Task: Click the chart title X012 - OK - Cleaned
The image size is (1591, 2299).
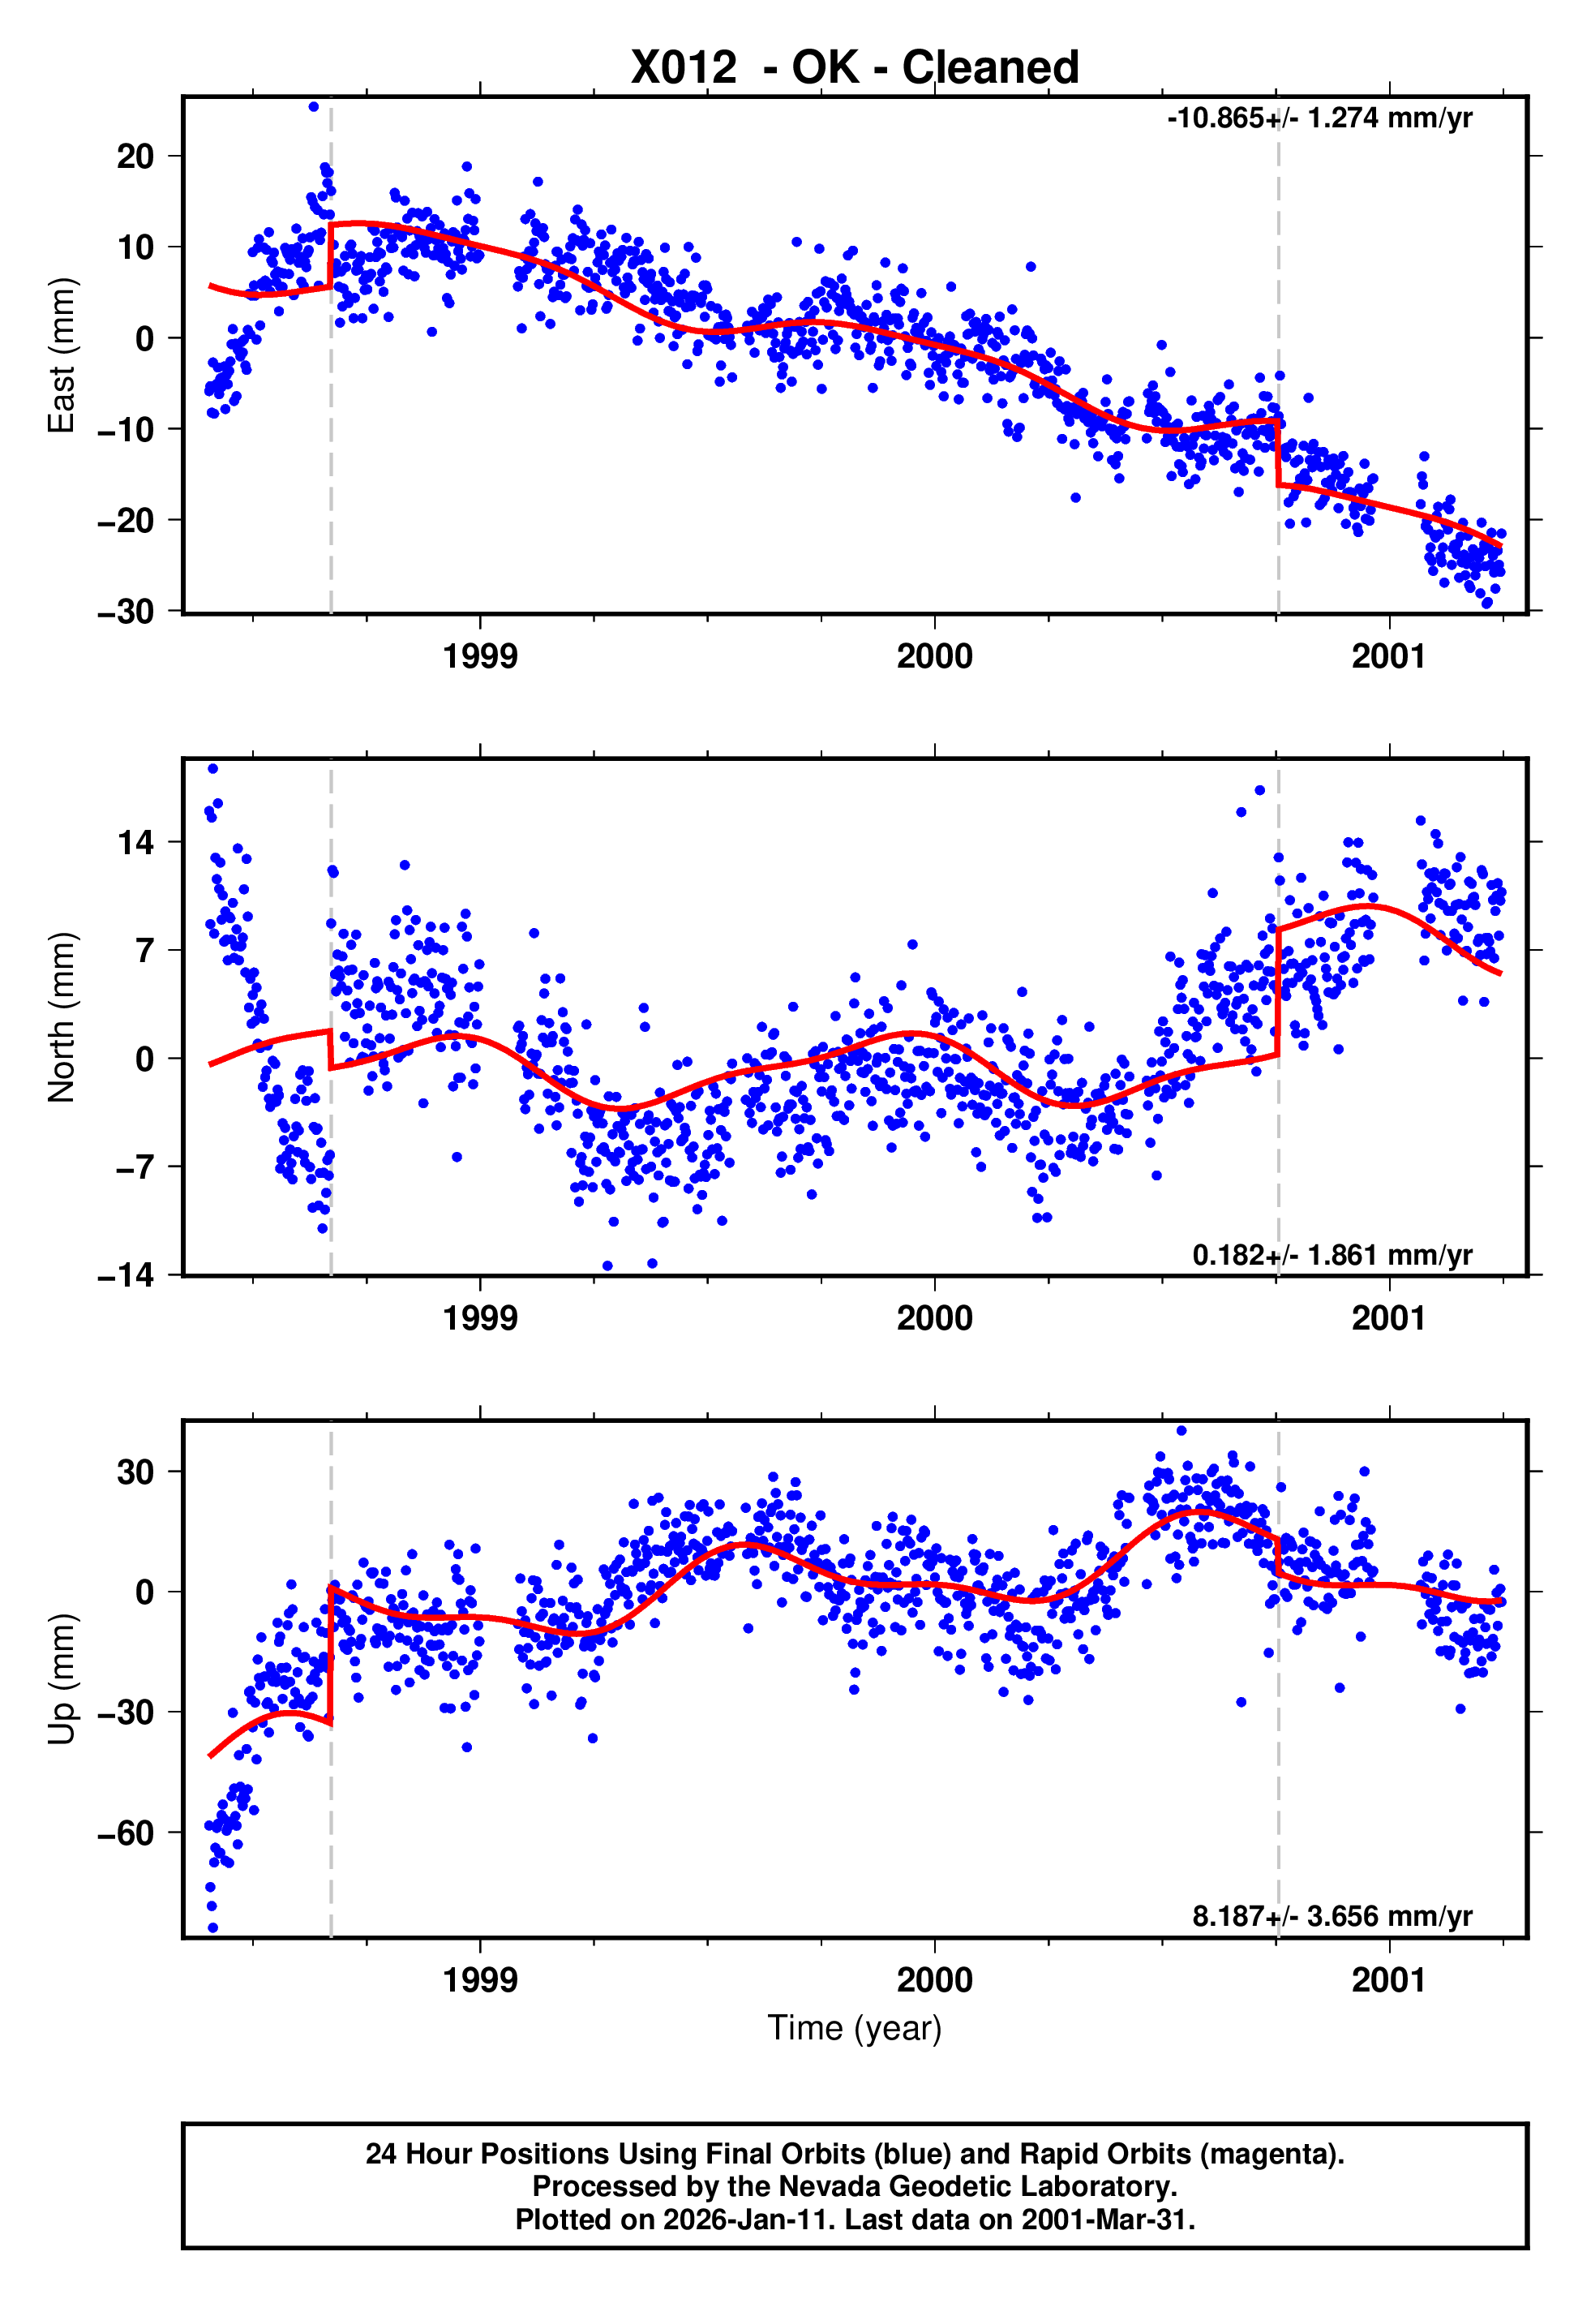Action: pyautogui.click(x=855, y=68)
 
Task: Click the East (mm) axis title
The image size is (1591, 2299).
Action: pyautogui.click(x=62, y=355)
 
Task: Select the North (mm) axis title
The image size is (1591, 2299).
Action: pyautogui.click(x=62, y=1017)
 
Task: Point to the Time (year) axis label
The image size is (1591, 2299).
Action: pyautogui.click(x=855, y=2029)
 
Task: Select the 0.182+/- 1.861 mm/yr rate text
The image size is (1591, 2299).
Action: pyautogui.click(x=1332, y=1255)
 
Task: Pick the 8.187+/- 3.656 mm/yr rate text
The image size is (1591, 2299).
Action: pyautogui.click(x=1332, y=1916)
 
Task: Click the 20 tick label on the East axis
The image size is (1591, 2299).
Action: pyautogui.click(x=135, y=157)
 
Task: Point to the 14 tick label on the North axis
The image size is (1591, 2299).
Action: pyautogui.click(x=135, y=844)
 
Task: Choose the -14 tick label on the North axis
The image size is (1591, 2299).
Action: pyautogui.click(x=126, y=1275)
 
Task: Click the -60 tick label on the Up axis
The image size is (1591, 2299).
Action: pyautogui.click(x=126, y=1833)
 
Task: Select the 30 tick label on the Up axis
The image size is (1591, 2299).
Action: pyautogui.click(x=135, y=1472)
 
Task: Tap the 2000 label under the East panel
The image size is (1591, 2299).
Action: pyautogui.click(x=934, y=657)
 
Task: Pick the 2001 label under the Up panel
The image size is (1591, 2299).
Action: pyautogui.click(x=1388, y=1980)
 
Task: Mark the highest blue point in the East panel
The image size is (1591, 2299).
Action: pyautogui.click(x=313, y=106)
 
